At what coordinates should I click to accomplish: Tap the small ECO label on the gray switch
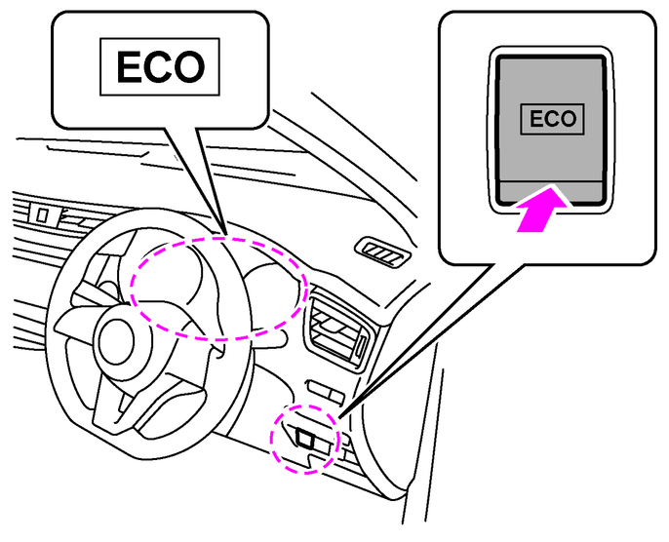(551, 120)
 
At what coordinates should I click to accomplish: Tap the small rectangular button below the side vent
(322, 390)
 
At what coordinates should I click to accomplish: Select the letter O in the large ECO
(191, 67)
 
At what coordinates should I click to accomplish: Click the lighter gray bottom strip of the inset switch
(551, 193)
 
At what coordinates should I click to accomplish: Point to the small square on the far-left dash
(43, 211)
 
